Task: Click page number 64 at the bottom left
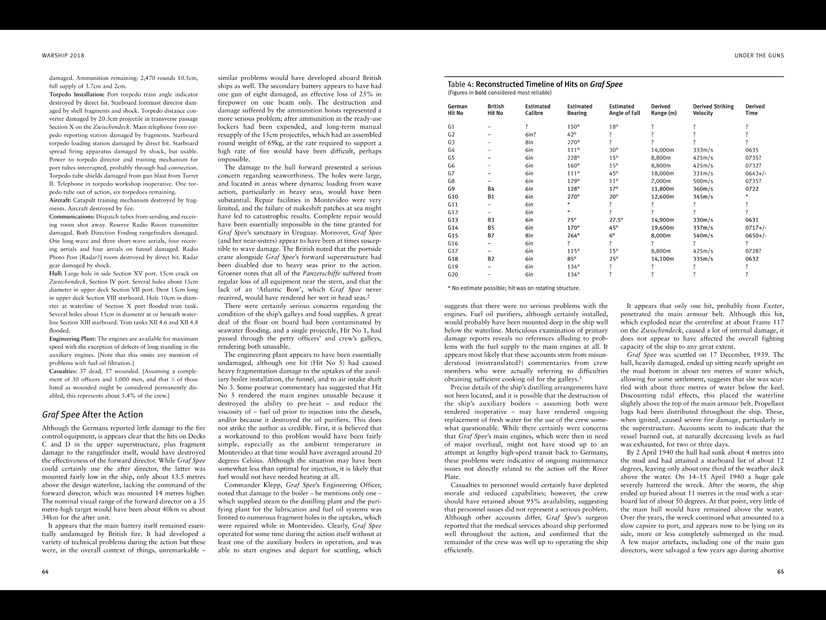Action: point(45,572)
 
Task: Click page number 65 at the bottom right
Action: point(780,572)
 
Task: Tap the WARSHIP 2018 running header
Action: point(63,56)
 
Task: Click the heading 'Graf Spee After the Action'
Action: point(92,415)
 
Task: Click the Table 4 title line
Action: point(535,84)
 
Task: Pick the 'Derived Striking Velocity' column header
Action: point(713,109)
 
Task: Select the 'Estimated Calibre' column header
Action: point(537,109)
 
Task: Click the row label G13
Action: point(453,220)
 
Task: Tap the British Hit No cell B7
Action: point(491,236)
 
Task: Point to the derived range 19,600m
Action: point(662,228)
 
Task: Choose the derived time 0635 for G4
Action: point(752,150)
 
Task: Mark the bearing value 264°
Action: point(573,236)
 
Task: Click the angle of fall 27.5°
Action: point(616,220)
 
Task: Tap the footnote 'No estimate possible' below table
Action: point(513,288)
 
